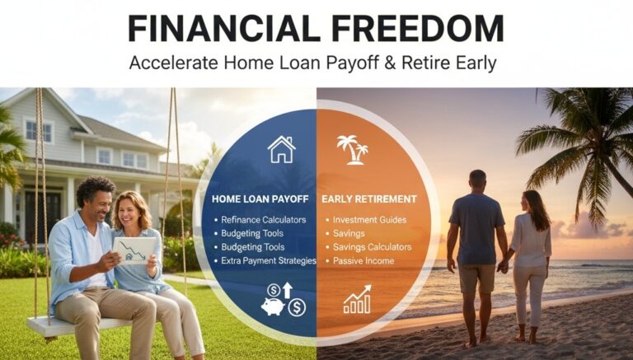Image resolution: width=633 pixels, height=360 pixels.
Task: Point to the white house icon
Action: click(281, 149)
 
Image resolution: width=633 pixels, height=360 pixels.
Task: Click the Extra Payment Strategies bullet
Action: click(269, 260)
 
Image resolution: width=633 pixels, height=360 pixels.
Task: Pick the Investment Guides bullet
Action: click(370, 220)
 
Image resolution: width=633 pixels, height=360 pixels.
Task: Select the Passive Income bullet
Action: click(363, 260)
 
